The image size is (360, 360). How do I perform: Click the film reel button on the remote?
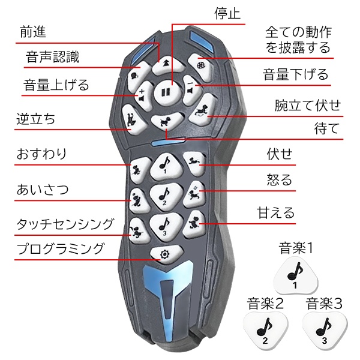pyautogui.click(x=200, y=66)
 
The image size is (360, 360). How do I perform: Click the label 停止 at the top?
pyautogui.click(x=227, y=13)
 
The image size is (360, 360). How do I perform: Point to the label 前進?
pyautogui.click(x=33, y=32)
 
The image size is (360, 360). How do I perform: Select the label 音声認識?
pyautogui.click(x=52, y=57)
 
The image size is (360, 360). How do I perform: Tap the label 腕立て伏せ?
pyautogui.click(x=308, y=106)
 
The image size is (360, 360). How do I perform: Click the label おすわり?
pyautogui.click(x=41, y=154)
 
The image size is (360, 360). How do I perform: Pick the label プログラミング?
pyautogui.click(x=60, y=249)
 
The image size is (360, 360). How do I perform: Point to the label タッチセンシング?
pyautogui.click(x=65, y=224)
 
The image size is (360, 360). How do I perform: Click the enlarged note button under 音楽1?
pyautogui.click(x=295, y=276)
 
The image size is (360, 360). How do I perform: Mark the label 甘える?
pyautogui.click(x=275, y=212)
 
